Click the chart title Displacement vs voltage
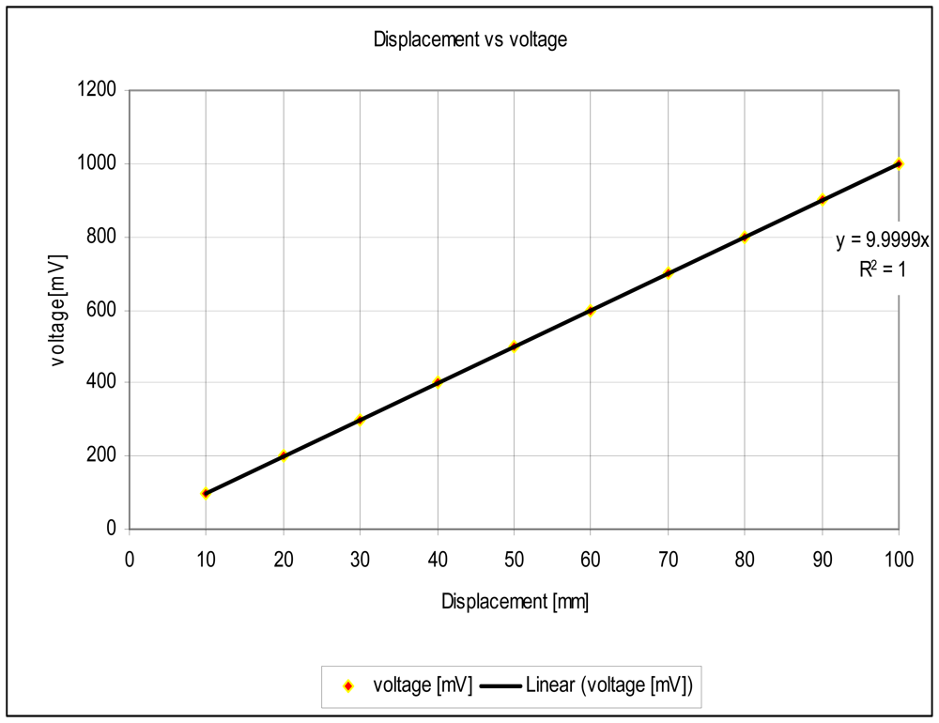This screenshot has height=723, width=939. [x=469, y=39]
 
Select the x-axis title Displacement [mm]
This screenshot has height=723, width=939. [x=515, y=602]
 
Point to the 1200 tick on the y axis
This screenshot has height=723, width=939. [x=97, y=90]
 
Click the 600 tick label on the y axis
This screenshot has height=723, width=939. [x=102, y=310]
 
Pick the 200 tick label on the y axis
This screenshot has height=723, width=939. [x=102, y=456]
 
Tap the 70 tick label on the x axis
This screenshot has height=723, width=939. [x=668, y=559]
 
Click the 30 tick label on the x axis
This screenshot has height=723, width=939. [x=360, y=559]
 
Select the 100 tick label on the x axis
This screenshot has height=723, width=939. [x=899, y=559]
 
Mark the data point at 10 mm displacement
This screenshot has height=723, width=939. [x=206, y=493]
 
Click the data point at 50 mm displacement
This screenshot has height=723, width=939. [x=515, y=346]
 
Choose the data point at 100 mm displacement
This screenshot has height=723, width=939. [x=899, y=163]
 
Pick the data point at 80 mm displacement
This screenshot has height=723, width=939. [x=745, y=237]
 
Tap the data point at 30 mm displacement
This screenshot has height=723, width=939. [x=360, y=420]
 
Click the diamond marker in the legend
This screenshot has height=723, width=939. [x=348, y=686]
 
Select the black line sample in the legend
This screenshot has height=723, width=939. [x=501, y=686]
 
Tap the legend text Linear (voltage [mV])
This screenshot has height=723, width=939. [x=610, y=686]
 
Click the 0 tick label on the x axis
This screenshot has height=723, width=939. [x=130, y=559]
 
